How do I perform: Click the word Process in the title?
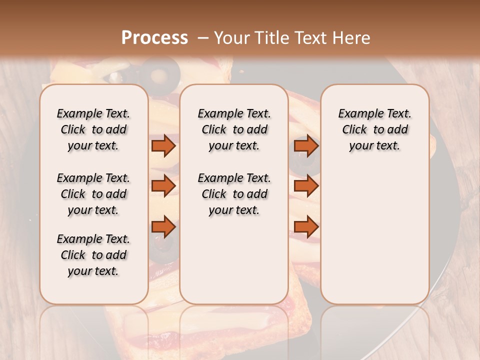pyautogui.click(x=154, y=38)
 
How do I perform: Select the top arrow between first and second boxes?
pyautogui.click(x=163, y=145)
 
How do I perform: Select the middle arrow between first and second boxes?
pyautogui.click(x=163, y=186)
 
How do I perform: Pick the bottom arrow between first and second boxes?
pyautogui.click(x=163, y=227)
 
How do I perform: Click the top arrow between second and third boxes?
pyautogui.click(x=306, y=145)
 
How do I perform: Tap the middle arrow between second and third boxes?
pyautogui.click(x=306, y=186)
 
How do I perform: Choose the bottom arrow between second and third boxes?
pyautogui.click(x=306, y=227)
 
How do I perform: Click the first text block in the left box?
pyautogui.click(x=93, y=129)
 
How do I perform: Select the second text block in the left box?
pyautogui.click(x=93, y=194)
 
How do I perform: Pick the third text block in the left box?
pyautogui.click(x=93, y=255)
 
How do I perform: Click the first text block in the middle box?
pyautogui.click(x=234, y=129)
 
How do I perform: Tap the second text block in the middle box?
pyautogui.click(x=234, y=194)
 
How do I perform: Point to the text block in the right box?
pyautogui.click(x=375, y=129)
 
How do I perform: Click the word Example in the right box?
pyautogui.click(x=357, y=114)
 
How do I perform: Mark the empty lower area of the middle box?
pyautogui.click(x=234, y=260)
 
